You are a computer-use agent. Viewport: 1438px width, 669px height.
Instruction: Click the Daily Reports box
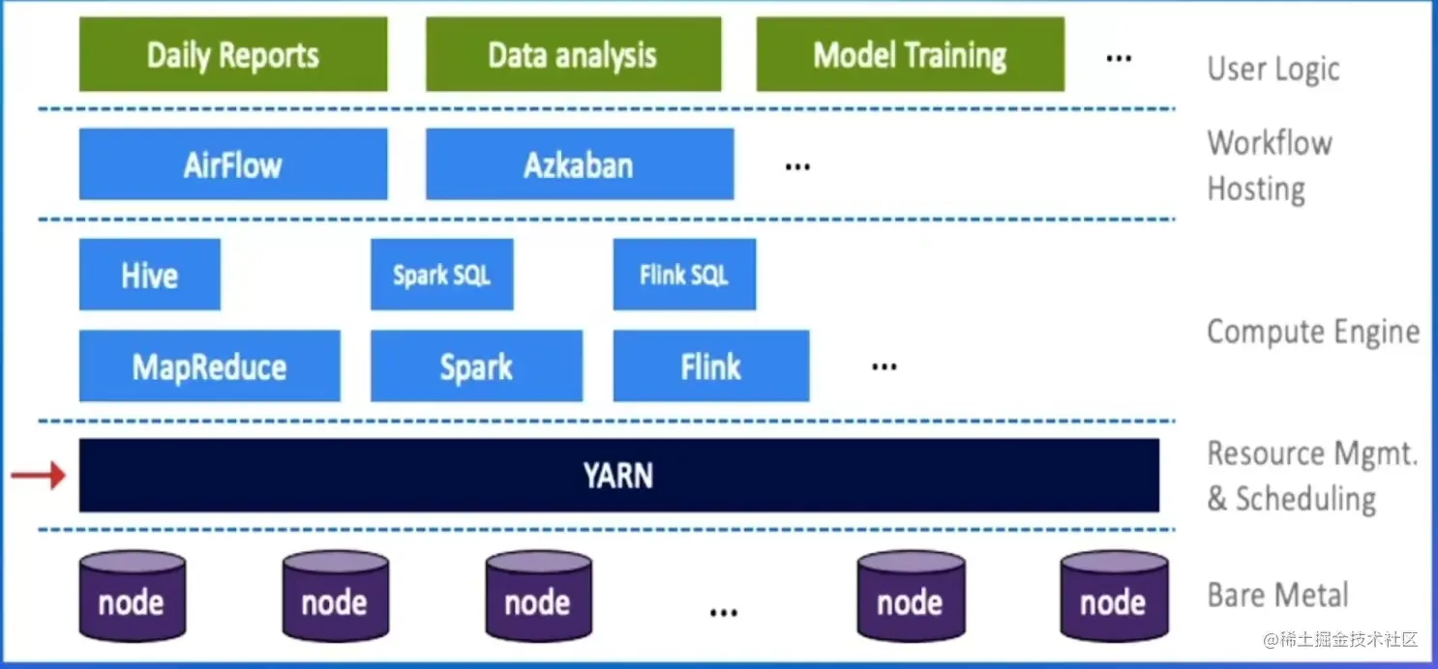[233, 55]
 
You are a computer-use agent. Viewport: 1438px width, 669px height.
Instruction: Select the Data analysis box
[573, 55]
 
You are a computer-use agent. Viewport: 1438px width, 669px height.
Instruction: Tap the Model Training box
[910, 55]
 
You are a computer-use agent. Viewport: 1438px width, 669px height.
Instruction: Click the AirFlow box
[233, 165]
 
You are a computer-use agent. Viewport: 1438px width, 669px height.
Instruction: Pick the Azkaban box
[579, 165]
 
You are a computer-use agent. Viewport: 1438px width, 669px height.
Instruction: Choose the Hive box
[150, 276]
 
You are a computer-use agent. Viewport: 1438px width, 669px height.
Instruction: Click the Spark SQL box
[441, 276]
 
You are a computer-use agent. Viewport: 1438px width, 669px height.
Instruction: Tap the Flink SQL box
[684, 276]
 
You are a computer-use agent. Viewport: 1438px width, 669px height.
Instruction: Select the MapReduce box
[210, 366]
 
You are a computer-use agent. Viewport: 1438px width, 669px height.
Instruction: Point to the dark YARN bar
[618, 476]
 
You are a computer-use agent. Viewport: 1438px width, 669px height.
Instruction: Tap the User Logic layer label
[1273, 70]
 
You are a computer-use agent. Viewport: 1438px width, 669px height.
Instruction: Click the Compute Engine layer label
[1313, 333]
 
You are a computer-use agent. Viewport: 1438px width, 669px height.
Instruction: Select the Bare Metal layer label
[1277, 596]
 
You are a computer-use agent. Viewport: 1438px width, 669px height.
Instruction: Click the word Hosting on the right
[1256, 189]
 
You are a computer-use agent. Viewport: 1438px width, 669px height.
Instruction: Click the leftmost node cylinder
[132, 596]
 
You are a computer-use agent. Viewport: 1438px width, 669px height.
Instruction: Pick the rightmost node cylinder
[1113, 596]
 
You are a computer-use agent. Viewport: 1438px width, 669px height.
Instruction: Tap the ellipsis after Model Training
[1119, 58]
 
